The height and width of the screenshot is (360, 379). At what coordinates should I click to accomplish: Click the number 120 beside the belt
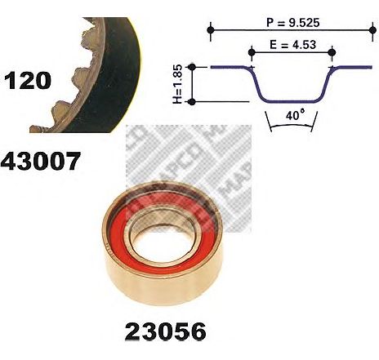pyautogui.click(x=28, y=80)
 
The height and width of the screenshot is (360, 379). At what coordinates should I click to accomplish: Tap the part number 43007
pyautogui.click(x=41, y=161)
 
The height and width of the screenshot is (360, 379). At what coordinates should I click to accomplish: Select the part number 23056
pyautogui.click(x=165, y=331)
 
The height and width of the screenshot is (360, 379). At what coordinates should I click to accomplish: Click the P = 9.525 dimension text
pyautogui.click(x=292, y=22)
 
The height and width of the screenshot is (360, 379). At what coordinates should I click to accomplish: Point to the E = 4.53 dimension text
pyautogui.click(x=293, y=45)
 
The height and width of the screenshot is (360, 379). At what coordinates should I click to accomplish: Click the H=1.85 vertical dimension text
pyautogui.click(x=177, y=84)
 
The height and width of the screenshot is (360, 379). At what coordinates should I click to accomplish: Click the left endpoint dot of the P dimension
pyautogui.click(x=210, y=30)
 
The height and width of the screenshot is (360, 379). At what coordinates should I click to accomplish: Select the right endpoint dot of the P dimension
pyautogui.click(x=372, y=30)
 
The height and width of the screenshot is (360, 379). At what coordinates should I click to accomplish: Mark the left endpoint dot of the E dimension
pyautogui.click(x=252, y=52)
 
